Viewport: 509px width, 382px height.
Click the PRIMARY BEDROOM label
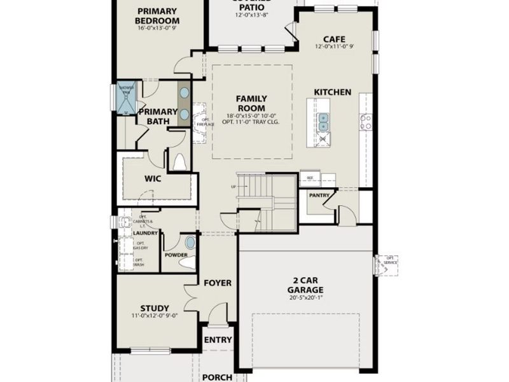pyautogui.click(x=157, y=16)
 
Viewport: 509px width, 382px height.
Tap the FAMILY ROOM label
pyautogui.click(x=251, y=103)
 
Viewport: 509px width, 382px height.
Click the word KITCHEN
pyautogui.click(x=332, y=92)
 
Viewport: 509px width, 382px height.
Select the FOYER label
pyautogui.click(x=218, y=283)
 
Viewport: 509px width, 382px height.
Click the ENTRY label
pyautogui.click(x=218, y=340)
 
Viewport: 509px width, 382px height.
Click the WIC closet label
pyautogui.click(x=153, y=179)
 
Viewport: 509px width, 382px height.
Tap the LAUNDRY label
pyautogui.click(x=146, y=233)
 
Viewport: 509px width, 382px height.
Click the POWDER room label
pyautogui.click(x=176, y=255)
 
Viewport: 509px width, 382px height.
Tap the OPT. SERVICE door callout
pyautogui.click(x=390, y=260)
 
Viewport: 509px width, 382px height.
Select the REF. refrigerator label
pyautogui.click(x=311, y=178)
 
